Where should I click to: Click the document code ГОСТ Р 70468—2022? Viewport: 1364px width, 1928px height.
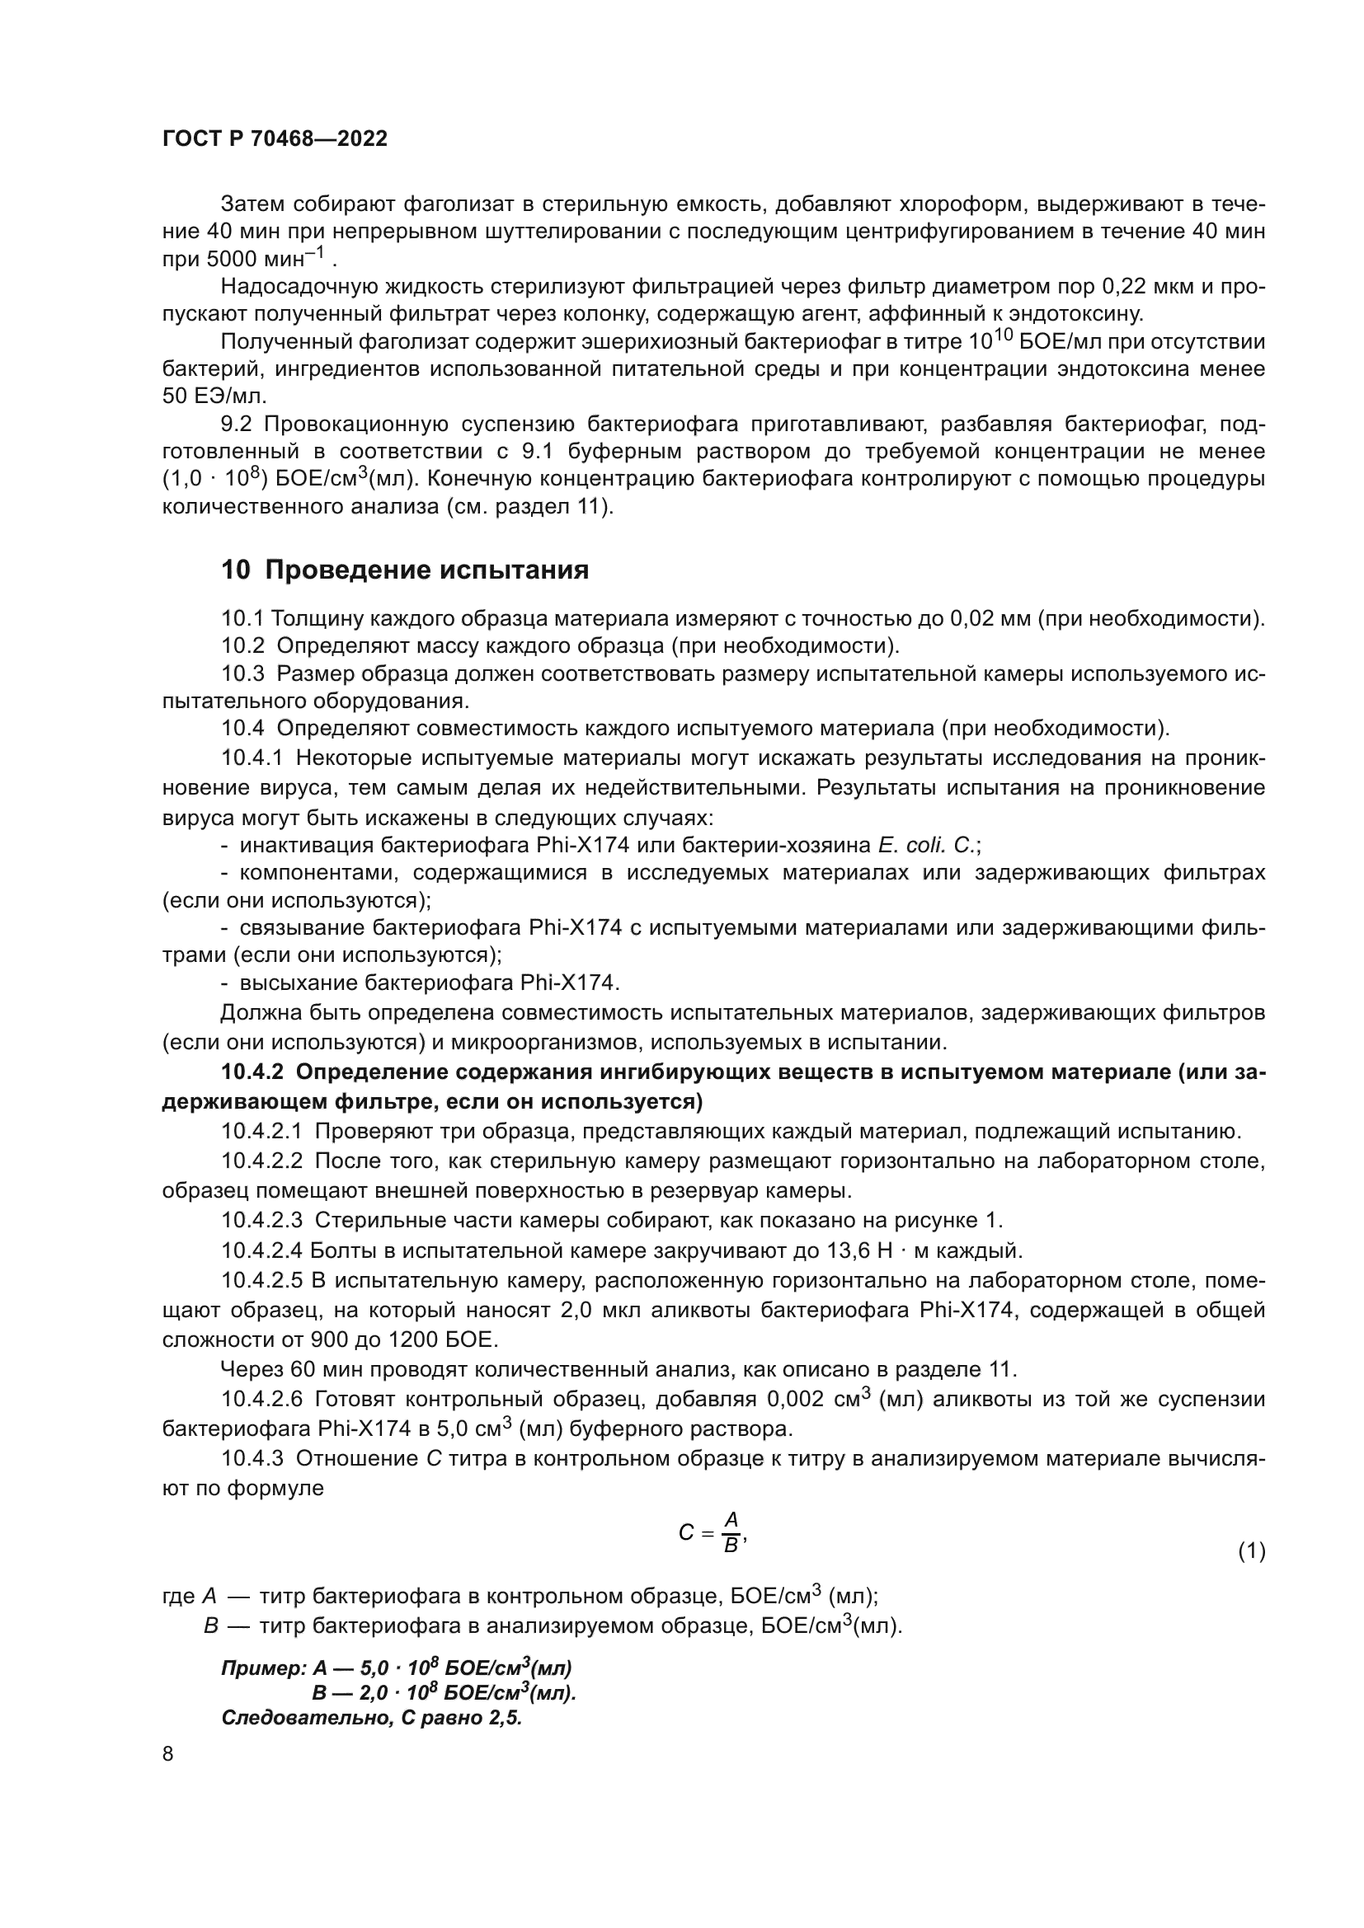275,139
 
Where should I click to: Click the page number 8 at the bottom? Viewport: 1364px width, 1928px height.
168,1753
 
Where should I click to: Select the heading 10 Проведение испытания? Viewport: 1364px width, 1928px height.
405,570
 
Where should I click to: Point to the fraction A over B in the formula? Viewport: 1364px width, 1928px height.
731,1532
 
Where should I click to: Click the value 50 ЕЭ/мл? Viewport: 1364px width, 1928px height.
214,396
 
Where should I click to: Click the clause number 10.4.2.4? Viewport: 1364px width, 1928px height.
261,1250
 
